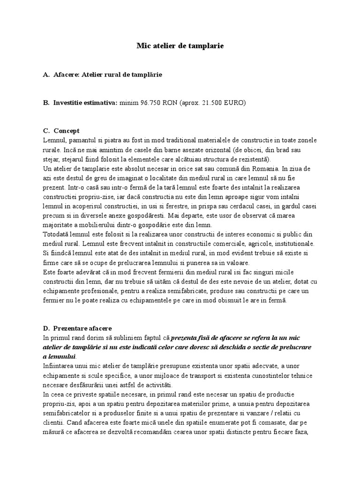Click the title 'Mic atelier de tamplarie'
tap(180, 46)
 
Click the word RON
tap(171, 103)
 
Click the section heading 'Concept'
tap(67, 131)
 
